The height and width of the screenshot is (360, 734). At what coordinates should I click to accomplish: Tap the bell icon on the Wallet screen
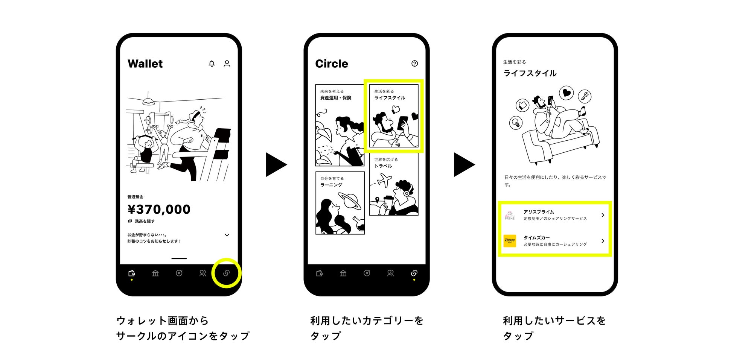click(x=212, y=64)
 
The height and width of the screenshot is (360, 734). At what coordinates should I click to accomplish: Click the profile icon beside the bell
click(x=227, y=64)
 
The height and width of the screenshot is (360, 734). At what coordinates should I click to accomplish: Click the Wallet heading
click(x=145, y=64)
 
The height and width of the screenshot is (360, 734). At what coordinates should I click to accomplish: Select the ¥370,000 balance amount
click(x=159, y=209)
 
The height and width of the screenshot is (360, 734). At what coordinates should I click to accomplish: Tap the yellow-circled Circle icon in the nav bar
click(x=226, y=273)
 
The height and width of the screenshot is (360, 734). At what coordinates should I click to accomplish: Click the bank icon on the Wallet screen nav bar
click(x=155, y=273)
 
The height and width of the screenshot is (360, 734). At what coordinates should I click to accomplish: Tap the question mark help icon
click(x=414, y=64)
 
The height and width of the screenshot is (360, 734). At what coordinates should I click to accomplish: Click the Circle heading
click(x=331, y=64)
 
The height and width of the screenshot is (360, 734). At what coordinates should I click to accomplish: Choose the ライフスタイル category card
click(x=394, y=116)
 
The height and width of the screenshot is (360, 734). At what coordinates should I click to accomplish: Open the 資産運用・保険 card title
click(x=335, y=98)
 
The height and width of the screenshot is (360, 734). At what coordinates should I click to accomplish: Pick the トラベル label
click(x=383, y=166)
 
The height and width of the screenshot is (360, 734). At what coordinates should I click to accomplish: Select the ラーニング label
click(x=331, y=185)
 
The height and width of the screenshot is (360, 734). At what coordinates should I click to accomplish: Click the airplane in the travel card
click(x=384, y=180)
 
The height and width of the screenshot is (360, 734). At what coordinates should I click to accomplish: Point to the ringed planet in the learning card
click(x=349, y=201)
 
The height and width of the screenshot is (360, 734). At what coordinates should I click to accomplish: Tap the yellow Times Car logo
click(x=510, y=241)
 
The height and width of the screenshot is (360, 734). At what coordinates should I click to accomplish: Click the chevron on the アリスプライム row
click(x=603, y=215)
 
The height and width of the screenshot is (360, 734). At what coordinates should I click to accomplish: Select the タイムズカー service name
click(x=536, y=238)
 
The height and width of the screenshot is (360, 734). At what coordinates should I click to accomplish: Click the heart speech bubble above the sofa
click(x=566, y=93)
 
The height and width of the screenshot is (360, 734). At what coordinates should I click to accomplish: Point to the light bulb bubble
click(x=516, y=123)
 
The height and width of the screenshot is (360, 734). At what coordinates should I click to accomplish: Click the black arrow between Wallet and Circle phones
click(x=276, y=164)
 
